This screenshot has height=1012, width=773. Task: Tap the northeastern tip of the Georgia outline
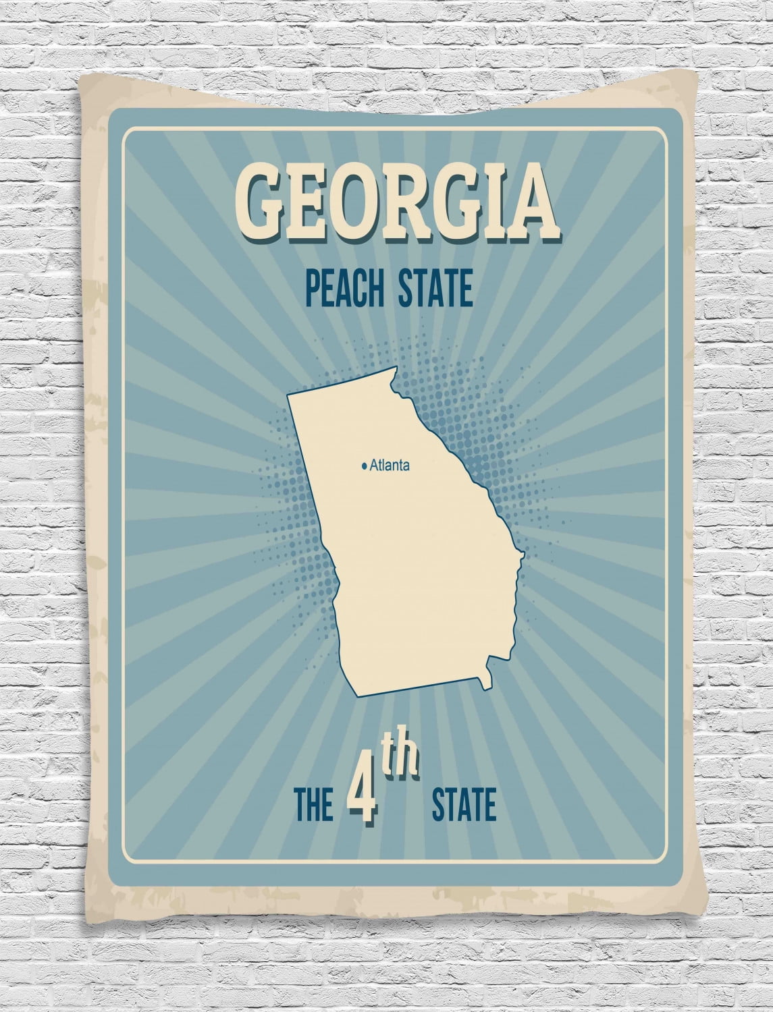coord(394,371)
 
